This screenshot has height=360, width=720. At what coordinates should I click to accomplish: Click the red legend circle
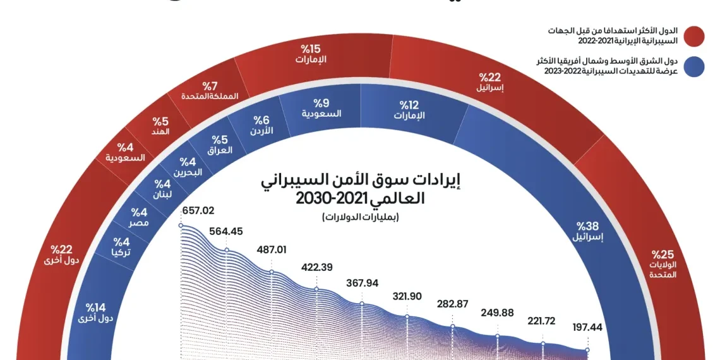[x=693, y=35]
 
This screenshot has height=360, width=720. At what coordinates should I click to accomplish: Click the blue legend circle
[x=693, y=66]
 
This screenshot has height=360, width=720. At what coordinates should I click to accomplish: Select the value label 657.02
[x=198, y=211]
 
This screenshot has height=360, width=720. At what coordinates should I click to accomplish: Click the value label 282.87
[x=452, y=304]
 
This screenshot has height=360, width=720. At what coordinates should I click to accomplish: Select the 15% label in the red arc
[x=312, y=47]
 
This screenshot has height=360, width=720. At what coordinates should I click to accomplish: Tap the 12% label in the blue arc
[x=409, y=105]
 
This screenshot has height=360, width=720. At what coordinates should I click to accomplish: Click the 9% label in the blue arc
[x=321, y=102]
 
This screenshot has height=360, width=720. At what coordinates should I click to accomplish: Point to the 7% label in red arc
[x=210, y=85]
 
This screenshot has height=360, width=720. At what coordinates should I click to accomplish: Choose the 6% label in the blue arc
[x=261, y=119]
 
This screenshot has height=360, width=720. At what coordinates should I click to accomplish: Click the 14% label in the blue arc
[x=96, y=307]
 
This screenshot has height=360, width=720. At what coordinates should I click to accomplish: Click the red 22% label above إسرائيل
[x=491, y=77]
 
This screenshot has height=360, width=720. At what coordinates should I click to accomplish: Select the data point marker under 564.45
[x=225, y=251]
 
